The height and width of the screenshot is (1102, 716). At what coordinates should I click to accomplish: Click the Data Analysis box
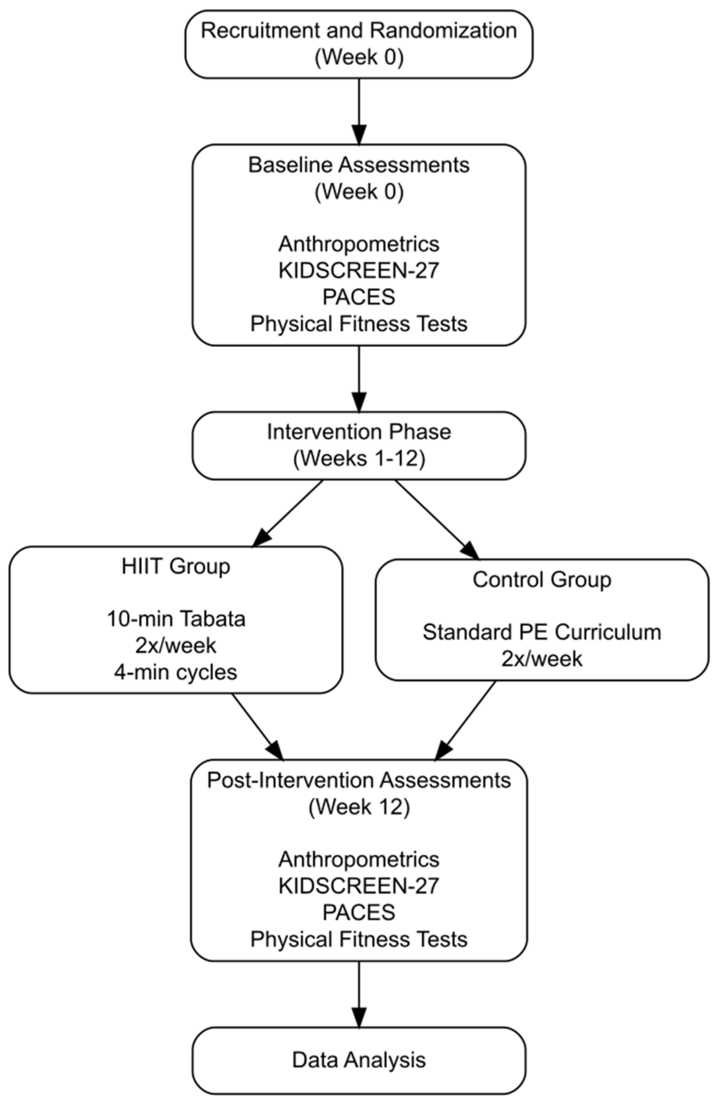point(358,1060)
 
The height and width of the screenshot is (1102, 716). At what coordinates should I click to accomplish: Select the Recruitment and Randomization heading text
point(358,31)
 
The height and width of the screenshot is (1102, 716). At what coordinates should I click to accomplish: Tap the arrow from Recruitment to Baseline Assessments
point(358,111)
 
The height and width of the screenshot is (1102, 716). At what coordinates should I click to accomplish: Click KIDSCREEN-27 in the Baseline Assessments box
point(358,270)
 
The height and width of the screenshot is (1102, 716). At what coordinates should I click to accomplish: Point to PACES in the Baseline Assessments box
point(358,297)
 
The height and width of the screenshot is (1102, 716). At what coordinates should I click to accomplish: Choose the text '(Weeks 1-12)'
point(358,458)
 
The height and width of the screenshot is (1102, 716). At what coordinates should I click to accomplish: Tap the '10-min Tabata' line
point(176,619)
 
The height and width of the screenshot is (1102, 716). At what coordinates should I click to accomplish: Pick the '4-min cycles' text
point(176,672)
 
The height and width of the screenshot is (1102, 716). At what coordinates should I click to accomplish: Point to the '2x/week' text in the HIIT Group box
point(176,646)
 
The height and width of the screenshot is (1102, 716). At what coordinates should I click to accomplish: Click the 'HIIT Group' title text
point(176,566)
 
